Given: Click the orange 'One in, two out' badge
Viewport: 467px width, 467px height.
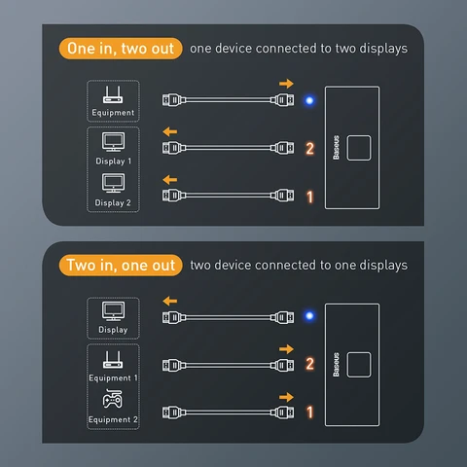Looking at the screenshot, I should coord(122,48).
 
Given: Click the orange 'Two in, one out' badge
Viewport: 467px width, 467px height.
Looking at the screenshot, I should coord(122,265).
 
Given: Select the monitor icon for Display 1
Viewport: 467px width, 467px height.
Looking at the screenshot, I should coord(113,142).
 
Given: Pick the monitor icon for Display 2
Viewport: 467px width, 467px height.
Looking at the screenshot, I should coord(113,184).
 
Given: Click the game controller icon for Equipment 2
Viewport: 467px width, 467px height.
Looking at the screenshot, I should coord(113,401).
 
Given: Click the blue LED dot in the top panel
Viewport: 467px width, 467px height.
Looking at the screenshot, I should coord(308,99).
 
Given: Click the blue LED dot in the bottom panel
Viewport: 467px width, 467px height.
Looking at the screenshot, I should coord(308,316).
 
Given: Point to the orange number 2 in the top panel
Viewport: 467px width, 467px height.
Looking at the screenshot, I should coord(309,148).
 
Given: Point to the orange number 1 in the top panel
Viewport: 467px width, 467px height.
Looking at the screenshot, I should coord(309,197).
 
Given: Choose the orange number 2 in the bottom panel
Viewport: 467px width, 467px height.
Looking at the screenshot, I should coord(309,365).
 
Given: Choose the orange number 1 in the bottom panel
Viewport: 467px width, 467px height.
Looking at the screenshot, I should coord(309,413).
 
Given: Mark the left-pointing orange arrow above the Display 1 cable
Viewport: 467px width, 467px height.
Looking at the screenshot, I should coord(170,132).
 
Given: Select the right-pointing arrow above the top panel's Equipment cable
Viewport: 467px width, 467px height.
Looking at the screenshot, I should coord(285,85).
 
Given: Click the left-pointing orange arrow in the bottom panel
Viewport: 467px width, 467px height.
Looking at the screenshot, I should coord(170,301).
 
